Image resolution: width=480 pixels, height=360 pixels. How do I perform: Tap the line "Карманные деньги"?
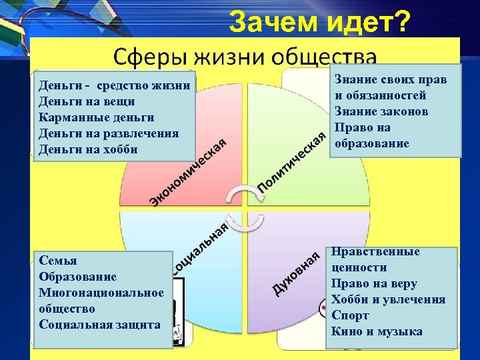point(97,117)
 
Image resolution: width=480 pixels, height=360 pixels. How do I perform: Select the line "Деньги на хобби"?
point(89,149)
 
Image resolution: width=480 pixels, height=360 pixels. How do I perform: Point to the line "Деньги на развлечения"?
point(109,133)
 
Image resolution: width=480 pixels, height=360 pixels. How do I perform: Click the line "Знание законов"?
point(381,111)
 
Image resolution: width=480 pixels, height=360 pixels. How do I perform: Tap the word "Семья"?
point(58,261)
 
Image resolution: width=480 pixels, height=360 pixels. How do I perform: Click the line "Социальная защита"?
point(99,325)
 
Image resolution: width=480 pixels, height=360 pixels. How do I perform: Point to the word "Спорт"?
point(349,315)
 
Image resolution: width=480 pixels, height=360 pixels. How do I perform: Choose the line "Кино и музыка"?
point(377,331)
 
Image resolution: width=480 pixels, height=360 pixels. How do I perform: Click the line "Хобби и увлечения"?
point(388,299)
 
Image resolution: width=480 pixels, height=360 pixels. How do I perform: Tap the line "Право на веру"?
point(374,283)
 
